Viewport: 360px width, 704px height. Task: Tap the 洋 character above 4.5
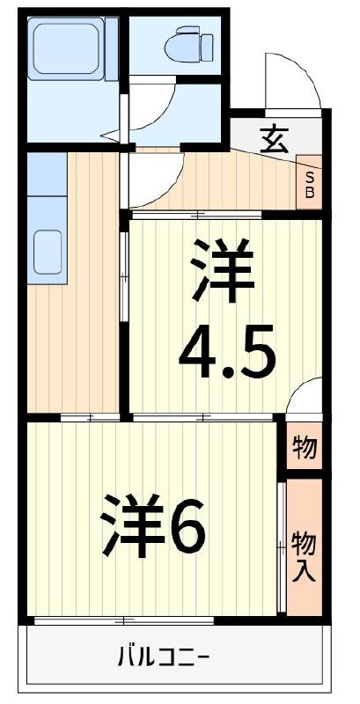click(x=221, y=269)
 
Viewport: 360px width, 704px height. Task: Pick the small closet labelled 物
click(x=305, y=448)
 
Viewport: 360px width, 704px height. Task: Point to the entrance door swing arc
click(x=290, y=84)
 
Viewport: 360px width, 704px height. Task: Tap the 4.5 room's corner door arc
click(x=304, y=395)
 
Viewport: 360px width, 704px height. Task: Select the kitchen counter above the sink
click(x=48, y=185)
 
